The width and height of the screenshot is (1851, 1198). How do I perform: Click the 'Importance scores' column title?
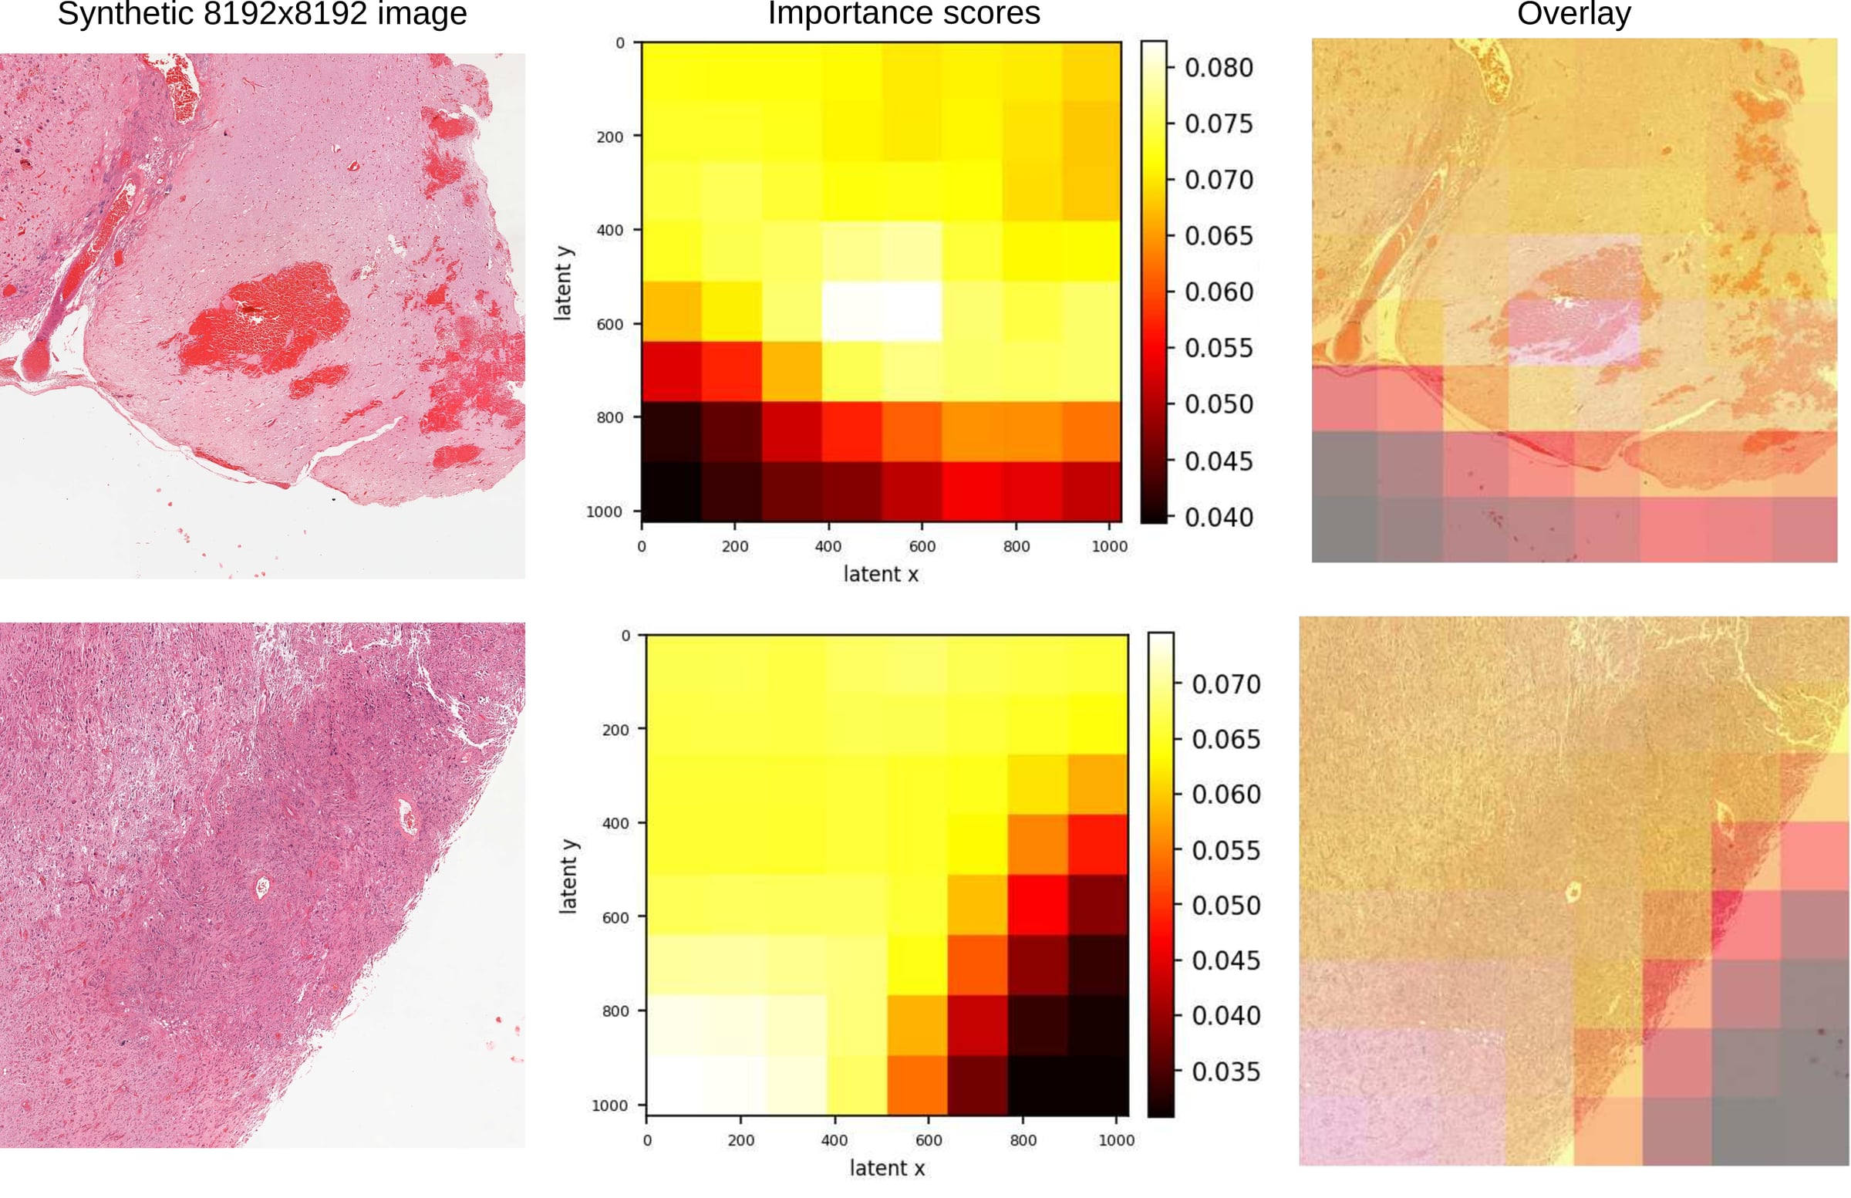pos(904,13)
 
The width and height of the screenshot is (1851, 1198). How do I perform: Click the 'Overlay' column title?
pos(1573,13)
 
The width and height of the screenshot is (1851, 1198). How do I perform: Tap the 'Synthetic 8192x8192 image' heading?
pos(262,13)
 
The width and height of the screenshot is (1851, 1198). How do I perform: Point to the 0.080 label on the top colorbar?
pos(1219,68)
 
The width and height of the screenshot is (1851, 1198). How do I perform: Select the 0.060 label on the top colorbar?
pos(1219,292)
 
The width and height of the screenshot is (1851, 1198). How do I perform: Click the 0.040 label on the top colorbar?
pos(1219,518)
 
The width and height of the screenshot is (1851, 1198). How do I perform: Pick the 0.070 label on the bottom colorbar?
pos(1226,684)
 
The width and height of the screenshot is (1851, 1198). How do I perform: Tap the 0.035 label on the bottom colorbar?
pos(1226,1072)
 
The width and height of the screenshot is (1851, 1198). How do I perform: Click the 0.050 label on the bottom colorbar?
pos(1226,906)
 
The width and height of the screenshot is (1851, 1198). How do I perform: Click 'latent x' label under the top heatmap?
pos(882,574)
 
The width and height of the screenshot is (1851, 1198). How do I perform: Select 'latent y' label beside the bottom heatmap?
pos(568,876)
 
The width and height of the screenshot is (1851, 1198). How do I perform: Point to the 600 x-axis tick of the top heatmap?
pos(922,546)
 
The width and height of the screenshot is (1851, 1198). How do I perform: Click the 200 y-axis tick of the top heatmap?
pos(610,137)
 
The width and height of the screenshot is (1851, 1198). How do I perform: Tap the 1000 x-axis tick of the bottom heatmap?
pos(1116,1140)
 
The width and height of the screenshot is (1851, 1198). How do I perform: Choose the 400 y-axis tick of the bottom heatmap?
pos(616,823)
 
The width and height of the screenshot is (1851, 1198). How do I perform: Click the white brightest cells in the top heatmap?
pos(882,311)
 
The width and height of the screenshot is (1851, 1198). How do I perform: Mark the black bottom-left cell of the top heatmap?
pos(671,491)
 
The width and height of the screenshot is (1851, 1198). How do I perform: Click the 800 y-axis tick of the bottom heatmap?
pos(616,1011)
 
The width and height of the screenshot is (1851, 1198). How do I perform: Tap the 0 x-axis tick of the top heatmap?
pos(642,546)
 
